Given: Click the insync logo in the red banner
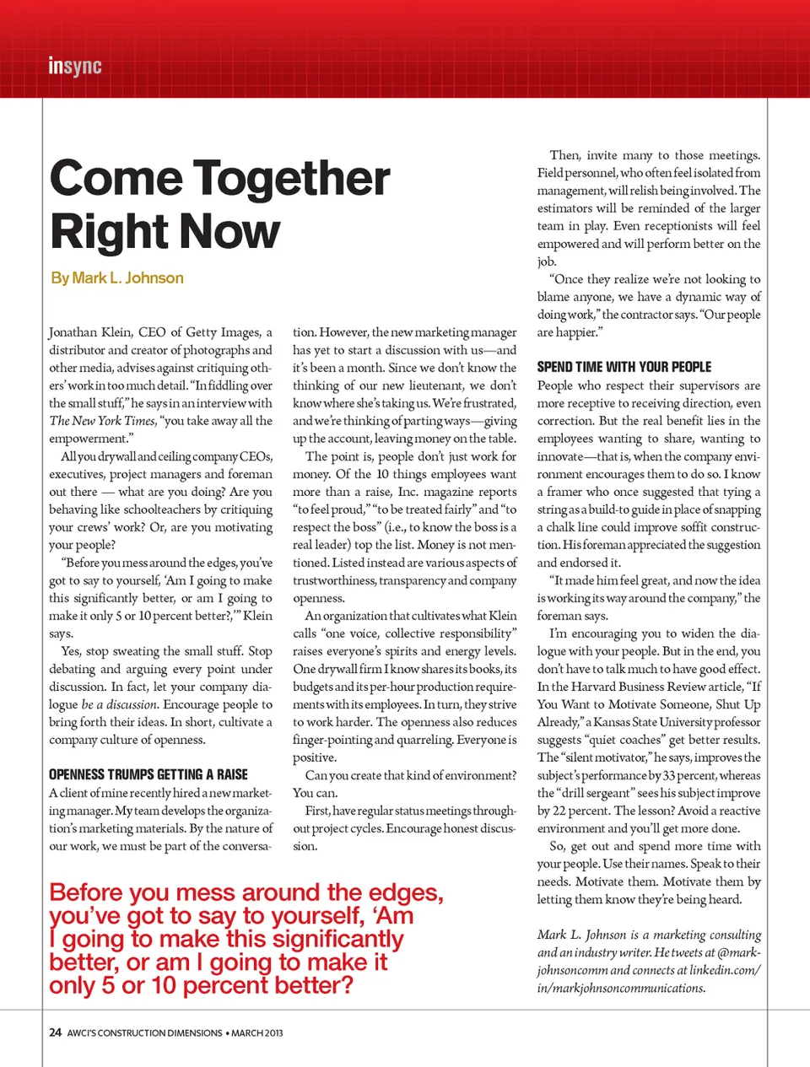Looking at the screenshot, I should [75, 66].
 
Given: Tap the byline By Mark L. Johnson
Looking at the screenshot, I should [117, 278].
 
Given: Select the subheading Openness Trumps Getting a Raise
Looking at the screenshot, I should [148, 774].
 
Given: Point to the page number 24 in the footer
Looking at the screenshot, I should [55, 1032].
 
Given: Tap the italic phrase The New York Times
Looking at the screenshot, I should [102, 421].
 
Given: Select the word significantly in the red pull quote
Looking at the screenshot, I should [338, 940].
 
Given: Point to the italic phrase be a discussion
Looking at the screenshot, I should [119, 704].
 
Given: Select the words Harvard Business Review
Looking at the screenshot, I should [646, 687].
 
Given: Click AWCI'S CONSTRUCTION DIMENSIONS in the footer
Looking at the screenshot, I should [144, 1033].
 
